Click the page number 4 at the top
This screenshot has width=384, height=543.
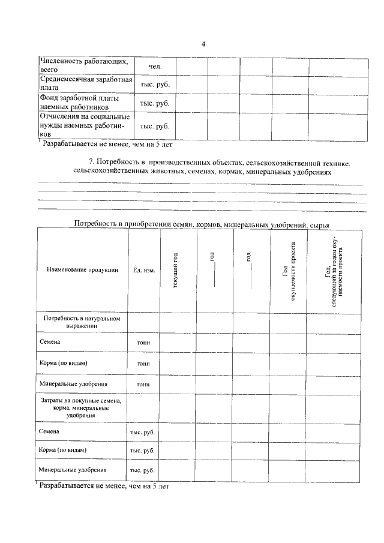(203, 44)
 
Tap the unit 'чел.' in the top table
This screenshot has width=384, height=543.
(155, 66)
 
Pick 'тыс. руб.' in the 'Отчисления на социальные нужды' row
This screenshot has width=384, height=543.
(155, 126)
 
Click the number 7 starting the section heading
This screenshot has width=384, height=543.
(91, 163)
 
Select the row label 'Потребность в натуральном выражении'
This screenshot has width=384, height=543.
(82, 322)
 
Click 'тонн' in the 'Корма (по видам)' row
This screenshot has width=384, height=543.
(143, 364)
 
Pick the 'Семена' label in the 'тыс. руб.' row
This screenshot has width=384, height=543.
(49, 431)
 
